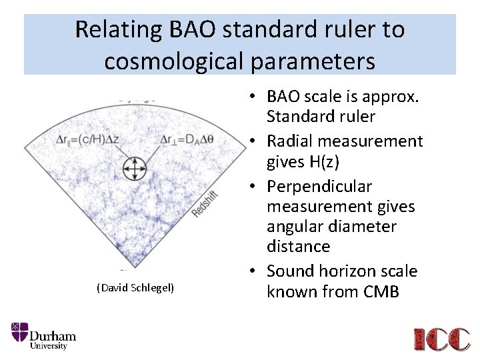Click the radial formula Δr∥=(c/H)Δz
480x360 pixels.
pyautogui.click(x=89, y=139)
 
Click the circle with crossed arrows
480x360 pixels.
pyautogui.click(x=135, y=168)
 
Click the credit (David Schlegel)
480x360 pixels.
pyautogui.click(x=135, y=287)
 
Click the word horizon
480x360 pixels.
pyautogui.click(x=349, y=271)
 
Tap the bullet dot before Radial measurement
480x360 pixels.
pyautogui.click(x=257, y=141)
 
